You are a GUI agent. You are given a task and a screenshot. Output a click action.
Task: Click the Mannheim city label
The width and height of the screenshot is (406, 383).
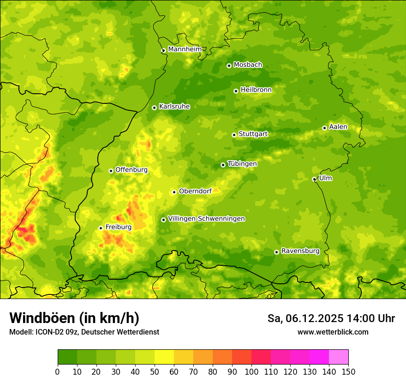pyautogui.click(x=185, y=49)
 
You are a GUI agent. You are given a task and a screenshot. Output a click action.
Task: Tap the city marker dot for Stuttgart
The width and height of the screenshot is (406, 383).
pyautogui.click(x=234, y=135)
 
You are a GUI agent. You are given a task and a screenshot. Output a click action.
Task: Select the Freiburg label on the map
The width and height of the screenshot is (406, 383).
pyautogui.click(x=118, y=227)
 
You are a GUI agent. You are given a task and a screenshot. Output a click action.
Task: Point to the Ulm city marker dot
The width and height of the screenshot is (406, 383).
pyautogui.click(x=314, y=179)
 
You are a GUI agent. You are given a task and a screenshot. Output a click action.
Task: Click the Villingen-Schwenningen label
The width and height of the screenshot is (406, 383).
pyautogui.click(x=206, y=219)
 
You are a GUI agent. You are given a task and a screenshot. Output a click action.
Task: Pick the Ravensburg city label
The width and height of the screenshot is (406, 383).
pyautogui.click(x=300, y=251)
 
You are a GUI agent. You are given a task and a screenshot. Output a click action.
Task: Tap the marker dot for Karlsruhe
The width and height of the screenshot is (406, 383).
pyautogui.click(x=154, y=108)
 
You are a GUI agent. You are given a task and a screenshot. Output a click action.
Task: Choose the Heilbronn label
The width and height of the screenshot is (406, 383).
pyautogui.click(x=256, y=90)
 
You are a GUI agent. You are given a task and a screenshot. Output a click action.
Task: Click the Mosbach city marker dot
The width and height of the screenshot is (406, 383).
pyautogui.click(x=229, y=66)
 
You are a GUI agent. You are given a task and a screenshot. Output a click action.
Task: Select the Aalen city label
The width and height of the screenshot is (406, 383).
pyautogui.click(x=338, y=127)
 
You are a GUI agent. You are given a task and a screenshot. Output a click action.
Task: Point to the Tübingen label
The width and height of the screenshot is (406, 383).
pyautogui.click(x=242, y=164)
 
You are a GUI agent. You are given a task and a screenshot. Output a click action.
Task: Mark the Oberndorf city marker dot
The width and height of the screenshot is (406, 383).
pyautogui.click(x=174, y=192)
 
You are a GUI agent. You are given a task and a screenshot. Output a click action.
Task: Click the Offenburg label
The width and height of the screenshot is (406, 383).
pyautogui.click(x=131, y=170)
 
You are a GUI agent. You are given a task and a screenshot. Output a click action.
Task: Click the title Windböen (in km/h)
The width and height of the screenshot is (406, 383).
pyautogui.click(x=74, y=318)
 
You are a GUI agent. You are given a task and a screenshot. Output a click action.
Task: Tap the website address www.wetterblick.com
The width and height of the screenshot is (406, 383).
pyautogui.click(x=333, y=332)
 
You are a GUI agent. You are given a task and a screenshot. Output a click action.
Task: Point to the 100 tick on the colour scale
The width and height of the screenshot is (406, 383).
pyautogui.click(x=251, y=371)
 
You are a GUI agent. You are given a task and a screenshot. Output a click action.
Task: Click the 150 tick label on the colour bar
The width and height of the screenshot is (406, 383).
pyautogui.click(x=348, y=371)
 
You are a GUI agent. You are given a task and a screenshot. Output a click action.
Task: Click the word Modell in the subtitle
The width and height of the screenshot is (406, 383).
pyautogui.click(x=21, y=332)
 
